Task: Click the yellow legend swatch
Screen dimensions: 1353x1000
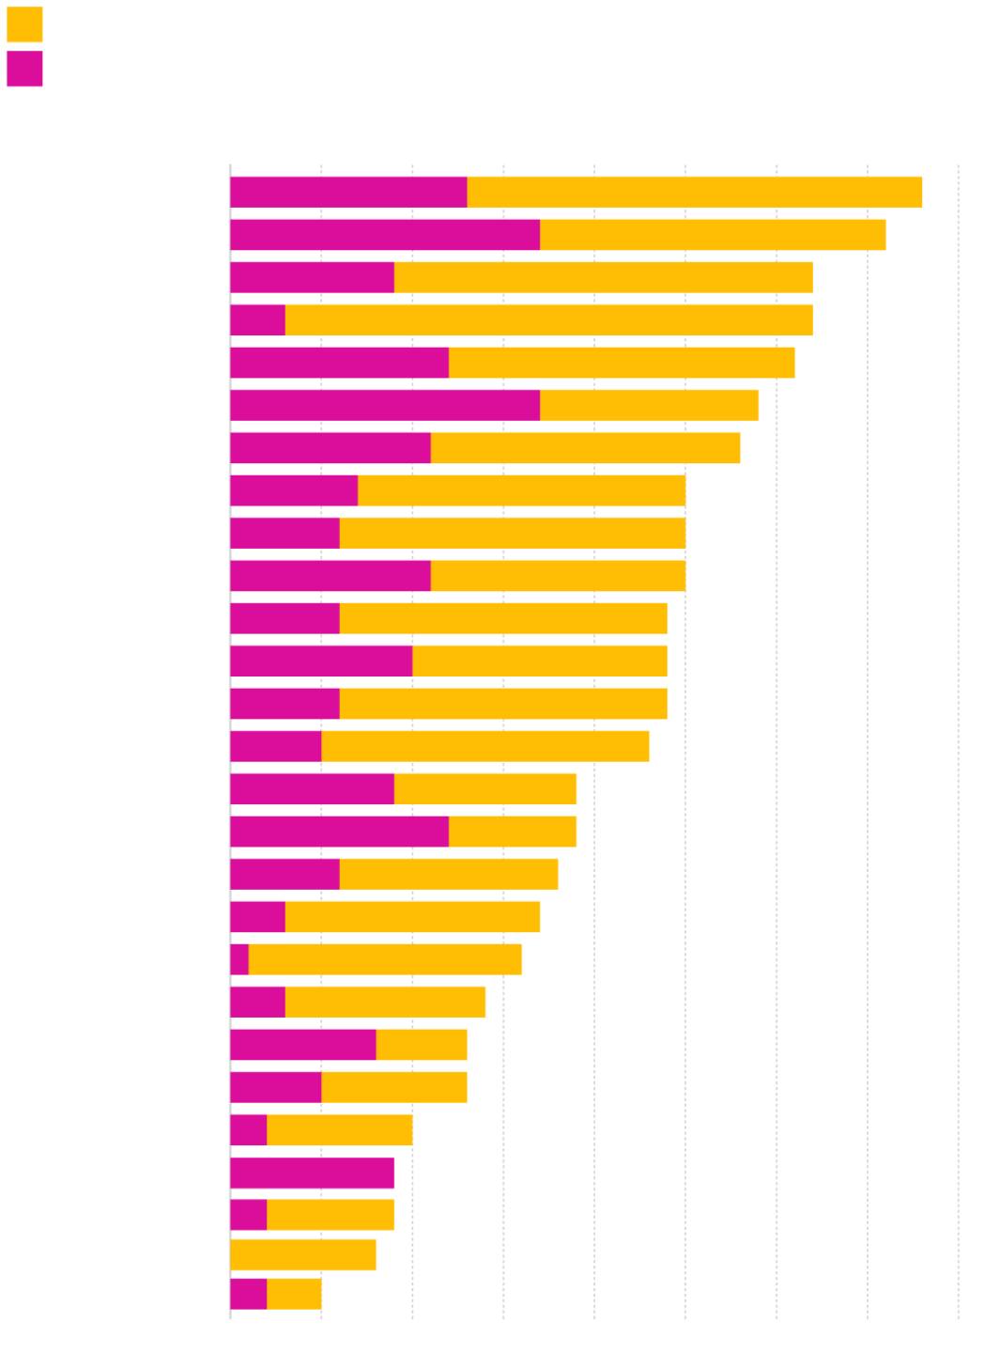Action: (24, 24)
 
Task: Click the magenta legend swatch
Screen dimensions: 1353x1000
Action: (24, 69)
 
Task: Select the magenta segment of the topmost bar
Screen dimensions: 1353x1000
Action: (348, 192)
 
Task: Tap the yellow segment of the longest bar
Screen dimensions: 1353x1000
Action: (694, 192)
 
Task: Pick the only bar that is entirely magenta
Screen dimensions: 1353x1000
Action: (312, 1173)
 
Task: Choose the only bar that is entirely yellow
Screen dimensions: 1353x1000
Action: (302, 1255)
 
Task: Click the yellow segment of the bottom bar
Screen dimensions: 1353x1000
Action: (294, 1294)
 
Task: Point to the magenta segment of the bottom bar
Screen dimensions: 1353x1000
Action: (248, 1294)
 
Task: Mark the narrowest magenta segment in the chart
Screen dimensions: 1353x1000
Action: (239, 959)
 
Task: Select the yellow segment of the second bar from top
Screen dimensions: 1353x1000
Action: (713, 235)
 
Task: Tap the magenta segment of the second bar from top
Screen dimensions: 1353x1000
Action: (385, 235)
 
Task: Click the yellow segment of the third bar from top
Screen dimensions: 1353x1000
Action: (603, 277)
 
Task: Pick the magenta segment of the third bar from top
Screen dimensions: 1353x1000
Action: (312, 277)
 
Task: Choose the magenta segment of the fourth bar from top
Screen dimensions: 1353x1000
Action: (257, 320)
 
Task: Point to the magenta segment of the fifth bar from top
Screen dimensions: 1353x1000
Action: (339, 363)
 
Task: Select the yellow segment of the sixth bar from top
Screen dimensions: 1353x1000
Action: (649, 405)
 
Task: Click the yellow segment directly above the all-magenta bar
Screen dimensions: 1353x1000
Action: (339, 1130)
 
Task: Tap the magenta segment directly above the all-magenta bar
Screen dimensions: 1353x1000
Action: (248, 1130)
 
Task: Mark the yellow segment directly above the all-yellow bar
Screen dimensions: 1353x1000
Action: (330, 1215)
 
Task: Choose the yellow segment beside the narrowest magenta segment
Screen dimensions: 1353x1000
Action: (384, 959)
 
